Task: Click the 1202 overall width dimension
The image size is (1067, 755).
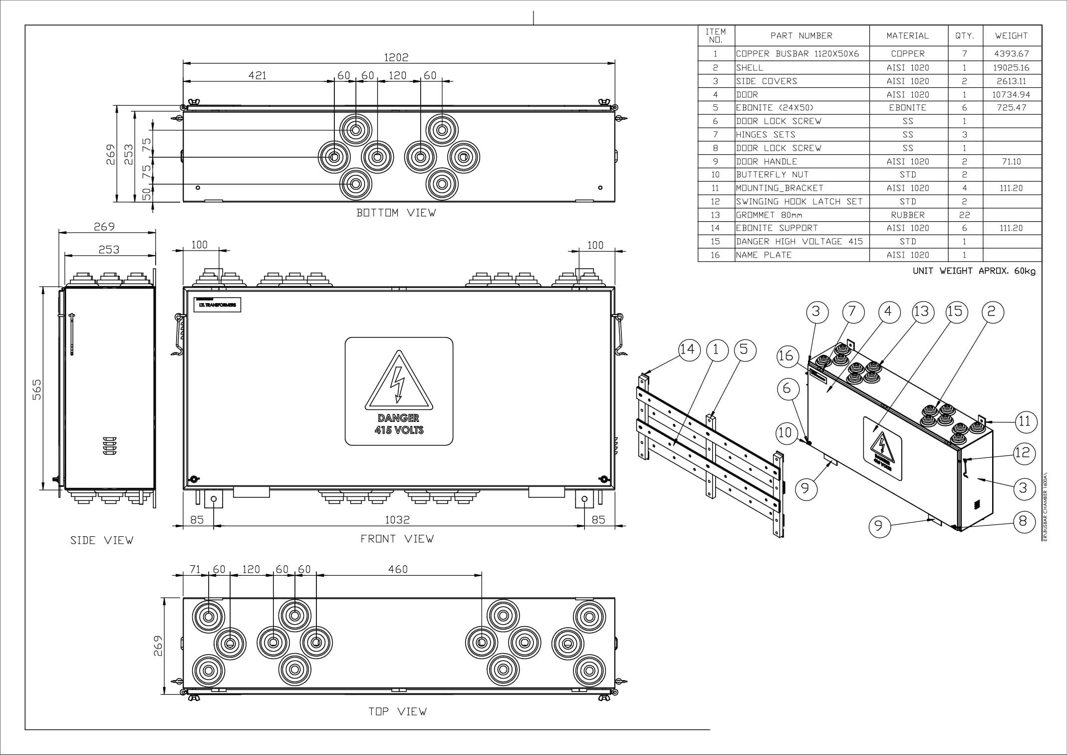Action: [x=396, y=57]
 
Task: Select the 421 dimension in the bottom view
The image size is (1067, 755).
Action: [x=258, y=75]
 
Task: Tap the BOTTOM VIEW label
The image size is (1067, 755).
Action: [x=396, y=213]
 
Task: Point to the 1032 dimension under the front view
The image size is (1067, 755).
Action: [x=397, y=520]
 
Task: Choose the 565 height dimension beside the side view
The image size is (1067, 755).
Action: [x=37, y=389]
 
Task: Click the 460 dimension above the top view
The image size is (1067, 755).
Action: [x=398, y=569]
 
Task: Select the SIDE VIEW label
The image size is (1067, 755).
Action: [x=102, y=540]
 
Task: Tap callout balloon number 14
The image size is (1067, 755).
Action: [x=688, y=349]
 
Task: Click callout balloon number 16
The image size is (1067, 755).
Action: [x=786, y=356]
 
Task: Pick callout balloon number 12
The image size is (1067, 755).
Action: [x=1023, y=452]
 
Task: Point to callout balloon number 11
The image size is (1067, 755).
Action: [x=1025, y=422]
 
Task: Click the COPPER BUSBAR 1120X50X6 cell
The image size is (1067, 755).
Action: [x=798, y=53]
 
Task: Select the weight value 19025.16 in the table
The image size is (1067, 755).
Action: [x=1011, y=67]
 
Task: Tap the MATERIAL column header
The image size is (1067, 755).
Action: [x=907, y=36]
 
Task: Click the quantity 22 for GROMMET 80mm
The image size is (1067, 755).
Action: [x=964, y=215]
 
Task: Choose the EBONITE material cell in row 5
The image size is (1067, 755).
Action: [x=907, y=107]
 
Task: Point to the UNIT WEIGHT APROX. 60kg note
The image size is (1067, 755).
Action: [x=974, y=271]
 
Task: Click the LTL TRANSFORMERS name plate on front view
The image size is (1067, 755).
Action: [x=218, y=305]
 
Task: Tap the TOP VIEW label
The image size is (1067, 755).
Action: [x=397, y=712]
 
